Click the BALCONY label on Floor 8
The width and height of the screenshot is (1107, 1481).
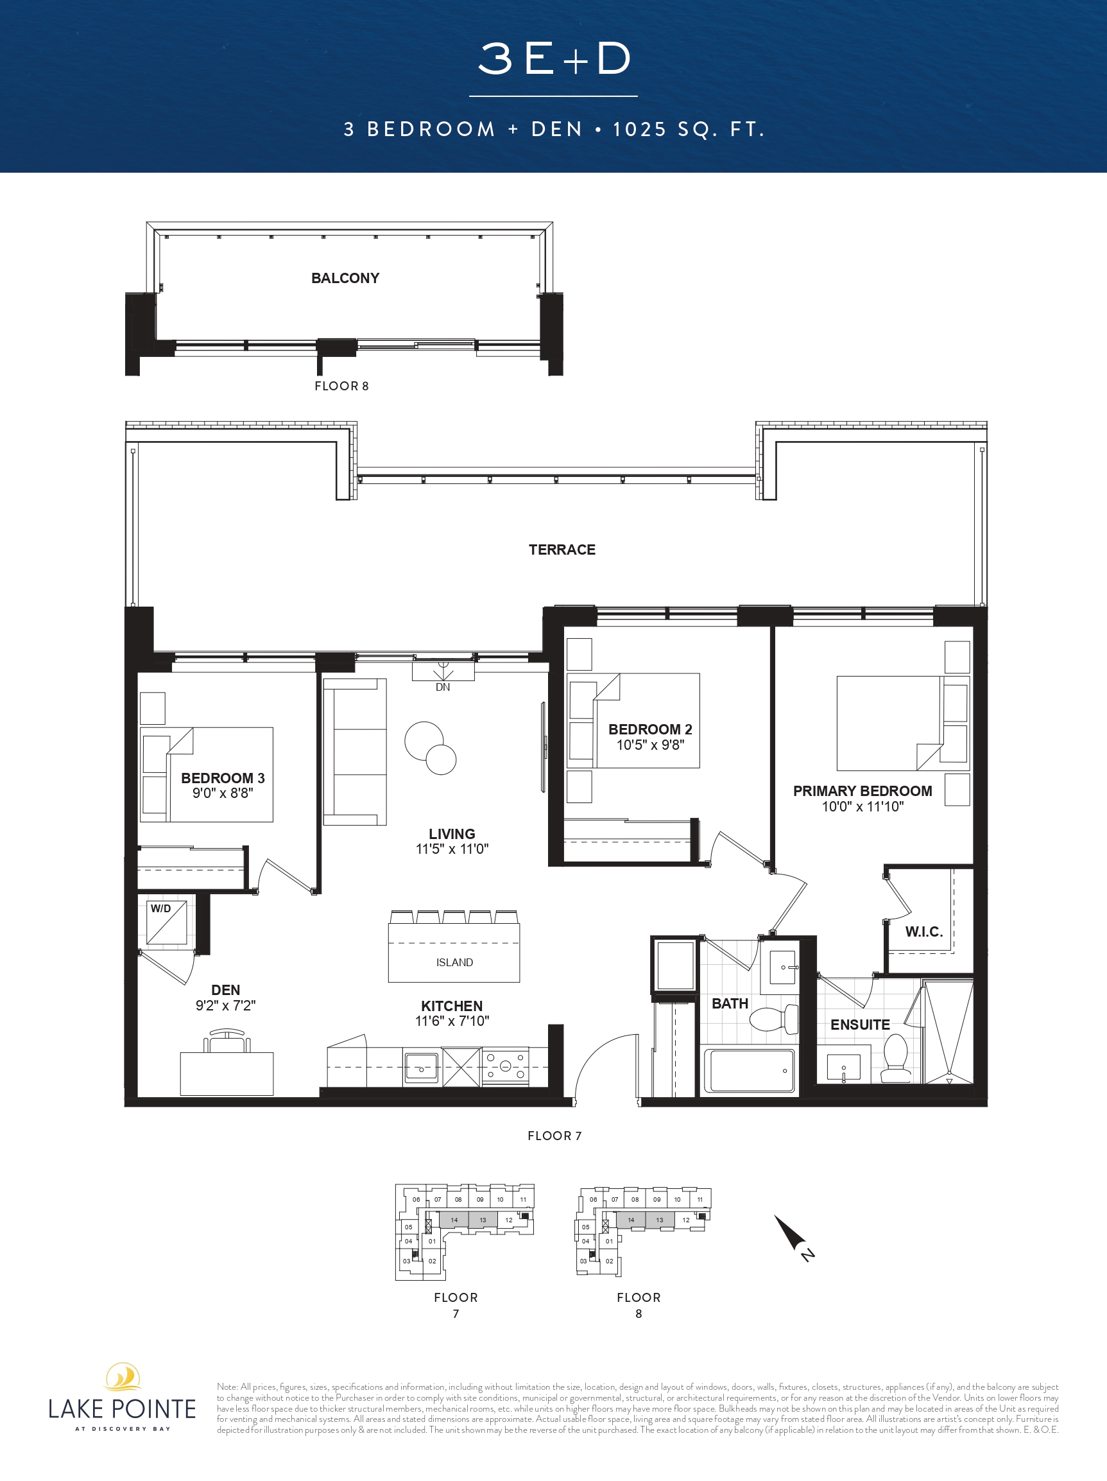pos(345,278)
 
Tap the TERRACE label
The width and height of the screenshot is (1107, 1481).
pos(562,550)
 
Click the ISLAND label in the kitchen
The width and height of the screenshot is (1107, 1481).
pos(454,962)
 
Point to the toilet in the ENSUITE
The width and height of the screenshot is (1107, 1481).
pos(895,1058)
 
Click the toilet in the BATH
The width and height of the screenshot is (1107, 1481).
pos(774,1019)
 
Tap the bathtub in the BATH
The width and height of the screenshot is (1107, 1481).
pos(750,1070)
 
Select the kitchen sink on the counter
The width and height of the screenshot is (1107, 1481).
pos(421,1067)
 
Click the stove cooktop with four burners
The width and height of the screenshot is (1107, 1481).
pos(505,1066)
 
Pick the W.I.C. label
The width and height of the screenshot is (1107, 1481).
pos(923,931)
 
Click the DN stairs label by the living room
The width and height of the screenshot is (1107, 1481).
pos(443,687)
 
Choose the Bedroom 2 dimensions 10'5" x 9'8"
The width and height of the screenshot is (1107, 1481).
pos(651,745)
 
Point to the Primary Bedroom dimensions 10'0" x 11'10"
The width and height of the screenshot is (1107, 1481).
pos(862,806)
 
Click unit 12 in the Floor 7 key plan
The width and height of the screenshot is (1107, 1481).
pos(509,1220)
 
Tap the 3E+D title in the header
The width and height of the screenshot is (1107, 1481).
pos(554,58)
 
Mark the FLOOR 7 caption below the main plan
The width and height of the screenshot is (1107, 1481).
pos(555,1136)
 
